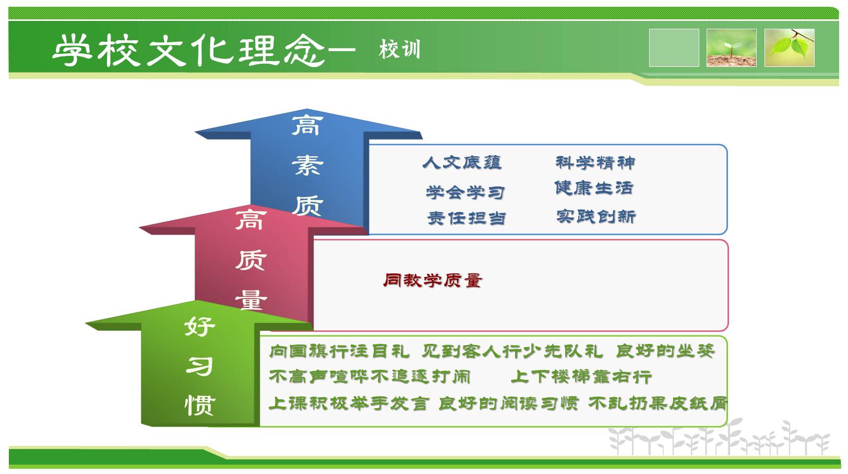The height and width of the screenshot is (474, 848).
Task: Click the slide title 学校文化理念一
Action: point(204,50)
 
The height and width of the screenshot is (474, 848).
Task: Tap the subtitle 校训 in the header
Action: point(399,49)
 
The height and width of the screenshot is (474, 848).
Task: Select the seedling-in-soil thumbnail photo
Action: point(732,48)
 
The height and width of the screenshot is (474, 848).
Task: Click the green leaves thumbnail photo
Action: point(790,48)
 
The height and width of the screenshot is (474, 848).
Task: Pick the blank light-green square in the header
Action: point(674,48)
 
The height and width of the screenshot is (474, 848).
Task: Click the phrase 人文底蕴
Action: point(462,163)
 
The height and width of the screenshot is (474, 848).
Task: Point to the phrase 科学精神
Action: point(595,163)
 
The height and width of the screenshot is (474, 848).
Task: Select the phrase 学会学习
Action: point(465,192)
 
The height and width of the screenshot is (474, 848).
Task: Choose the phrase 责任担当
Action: point(467,218)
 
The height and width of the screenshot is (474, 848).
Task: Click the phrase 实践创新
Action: point(596,216)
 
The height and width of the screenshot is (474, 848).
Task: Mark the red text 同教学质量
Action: point(432,281)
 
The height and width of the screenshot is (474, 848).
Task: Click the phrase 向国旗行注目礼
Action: point(339,351)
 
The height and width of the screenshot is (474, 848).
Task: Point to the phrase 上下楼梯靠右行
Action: point(581,377)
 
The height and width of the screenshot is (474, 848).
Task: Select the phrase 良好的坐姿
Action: point(665,351)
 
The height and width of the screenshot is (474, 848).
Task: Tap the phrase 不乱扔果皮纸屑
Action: point(658,403)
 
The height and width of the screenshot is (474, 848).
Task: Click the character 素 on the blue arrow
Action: point(307,166)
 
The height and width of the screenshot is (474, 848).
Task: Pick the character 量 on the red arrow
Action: point(251,299)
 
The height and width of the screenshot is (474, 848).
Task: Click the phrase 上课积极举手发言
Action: point(349,403)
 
